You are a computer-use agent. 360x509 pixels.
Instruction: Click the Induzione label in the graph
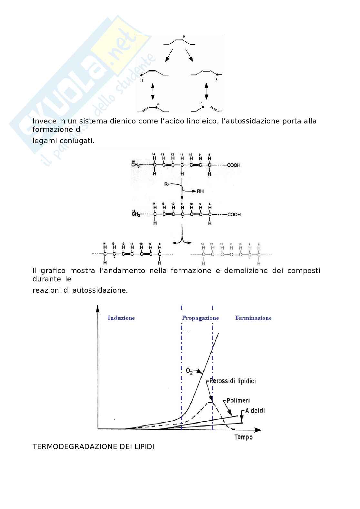pos(121,318)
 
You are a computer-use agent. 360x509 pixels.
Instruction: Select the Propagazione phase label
pos(200,318)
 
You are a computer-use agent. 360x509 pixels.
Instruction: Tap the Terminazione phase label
pos(253,318)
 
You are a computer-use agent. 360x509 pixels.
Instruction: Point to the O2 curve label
pos(189,371)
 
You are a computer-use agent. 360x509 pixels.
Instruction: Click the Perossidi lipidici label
pos(233,381)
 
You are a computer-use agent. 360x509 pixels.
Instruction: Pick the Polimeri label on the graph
pos(238,400)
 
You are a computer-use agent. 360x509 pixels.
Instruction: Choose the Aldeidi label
pos(255,411)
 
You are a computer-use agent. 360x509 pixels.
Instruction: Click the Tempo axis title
pos(244,437)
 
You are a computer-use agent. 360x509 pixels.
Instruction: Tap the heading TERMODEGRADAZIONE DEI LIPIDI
pos(93,447)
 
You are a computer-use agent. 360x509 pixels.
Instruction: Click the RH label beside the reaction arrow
pos(200,191)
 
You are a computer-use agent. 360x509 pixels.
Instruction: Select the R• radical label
pos(167,184)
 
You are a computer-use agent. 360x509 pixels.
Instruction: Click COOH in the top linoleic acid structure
pos(234,165)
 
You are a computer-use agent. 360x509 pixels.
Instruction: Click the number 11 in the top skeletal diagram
pos(142,81)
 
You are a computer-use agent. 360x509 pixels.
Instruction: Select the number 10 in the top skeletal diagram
pos(201,104)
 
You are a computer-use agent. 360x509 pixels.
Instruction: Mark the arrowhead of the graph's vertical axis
pos(97,308)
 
